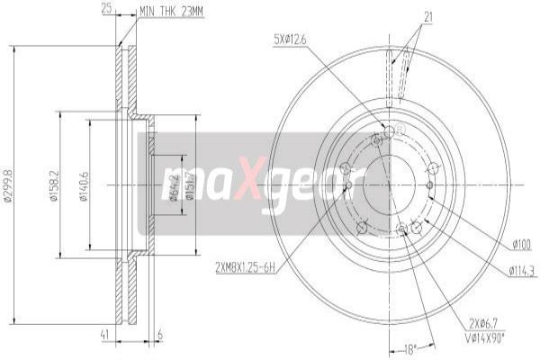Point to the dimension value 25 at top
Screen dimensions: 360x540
point(107,9)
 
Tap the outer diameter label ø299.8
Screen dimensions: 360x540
point(9,186)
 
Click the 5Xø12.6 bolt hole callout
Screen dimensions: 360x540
point(290,38)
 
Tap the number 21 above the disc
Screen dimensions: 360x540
point(428,15)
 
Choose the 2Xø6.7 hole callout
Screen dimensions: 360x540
point(484,322)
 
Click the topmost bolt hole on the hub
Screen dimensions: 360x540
point(389,132)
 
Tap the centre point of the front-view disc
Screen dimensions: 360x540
point(389,185)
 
